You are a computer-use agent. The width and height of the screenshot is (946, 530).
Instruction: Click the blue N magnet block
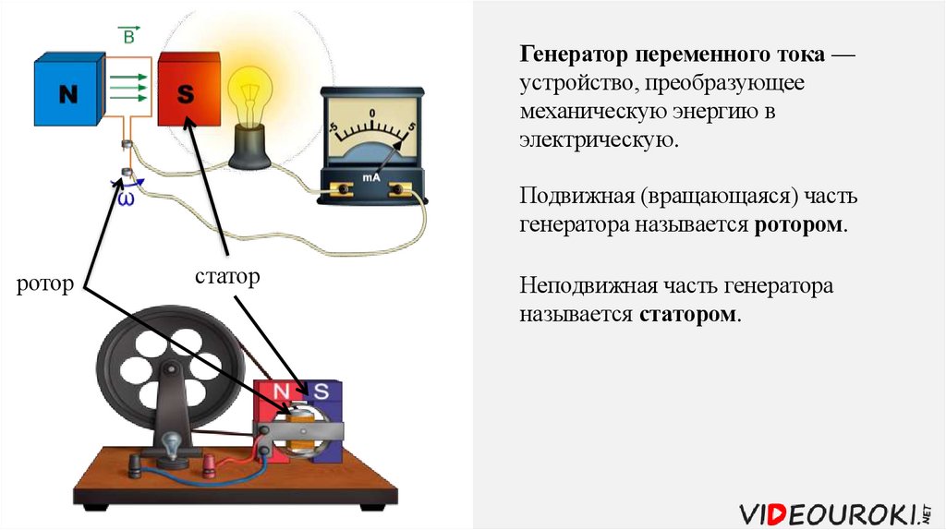coord(67,90)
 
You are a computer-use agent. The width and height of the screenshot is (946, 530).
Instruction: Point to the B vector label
coord(128,36)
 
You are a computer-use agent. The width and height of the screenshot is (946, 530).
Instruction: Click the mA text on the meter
coord(371,176)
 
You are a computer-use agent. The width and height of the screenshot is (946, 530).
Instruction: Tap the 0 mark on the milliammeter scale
coord(371,114)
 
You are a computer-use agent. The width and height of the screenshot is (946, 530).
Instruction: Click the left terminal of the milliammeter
coord(343,190)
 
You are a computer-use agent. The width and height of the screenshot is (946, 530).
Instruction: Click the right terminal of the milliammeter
coord(400,190)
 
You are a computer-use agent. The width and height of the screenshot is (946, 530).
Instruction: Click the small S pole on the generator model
coord(321,390)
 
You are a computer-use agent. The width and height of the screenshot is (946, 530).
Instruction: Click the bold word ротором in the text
coord(797,224)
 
